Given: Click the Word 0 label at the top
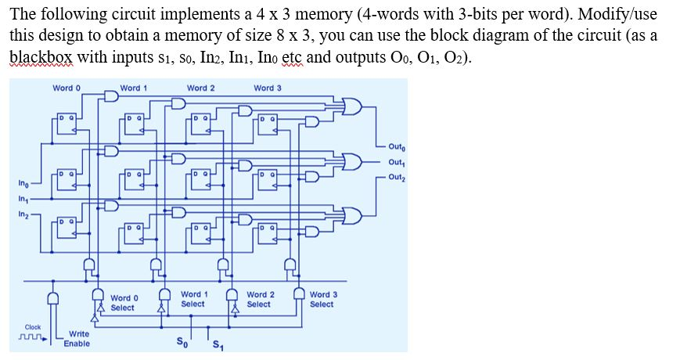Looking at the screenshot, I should [66, 88].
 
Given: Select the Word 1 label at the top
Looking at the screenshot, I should [134, 88].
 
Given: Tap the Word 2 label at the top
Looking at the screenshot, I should [201, 88].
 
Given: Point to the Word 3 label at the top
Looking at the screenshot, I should [268, 88].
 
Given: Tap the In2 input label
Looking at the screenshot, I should [24, 214].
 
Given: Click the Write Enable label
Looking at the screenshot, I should [77, 338].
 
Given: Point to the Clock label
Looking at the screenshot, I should [33, 327].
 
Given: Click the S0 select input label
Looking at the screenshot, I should [182, 341].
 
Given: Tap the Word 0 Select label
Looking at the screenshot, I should [124, 303].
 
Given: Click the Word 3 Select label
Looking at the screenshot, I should [323, 299].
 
